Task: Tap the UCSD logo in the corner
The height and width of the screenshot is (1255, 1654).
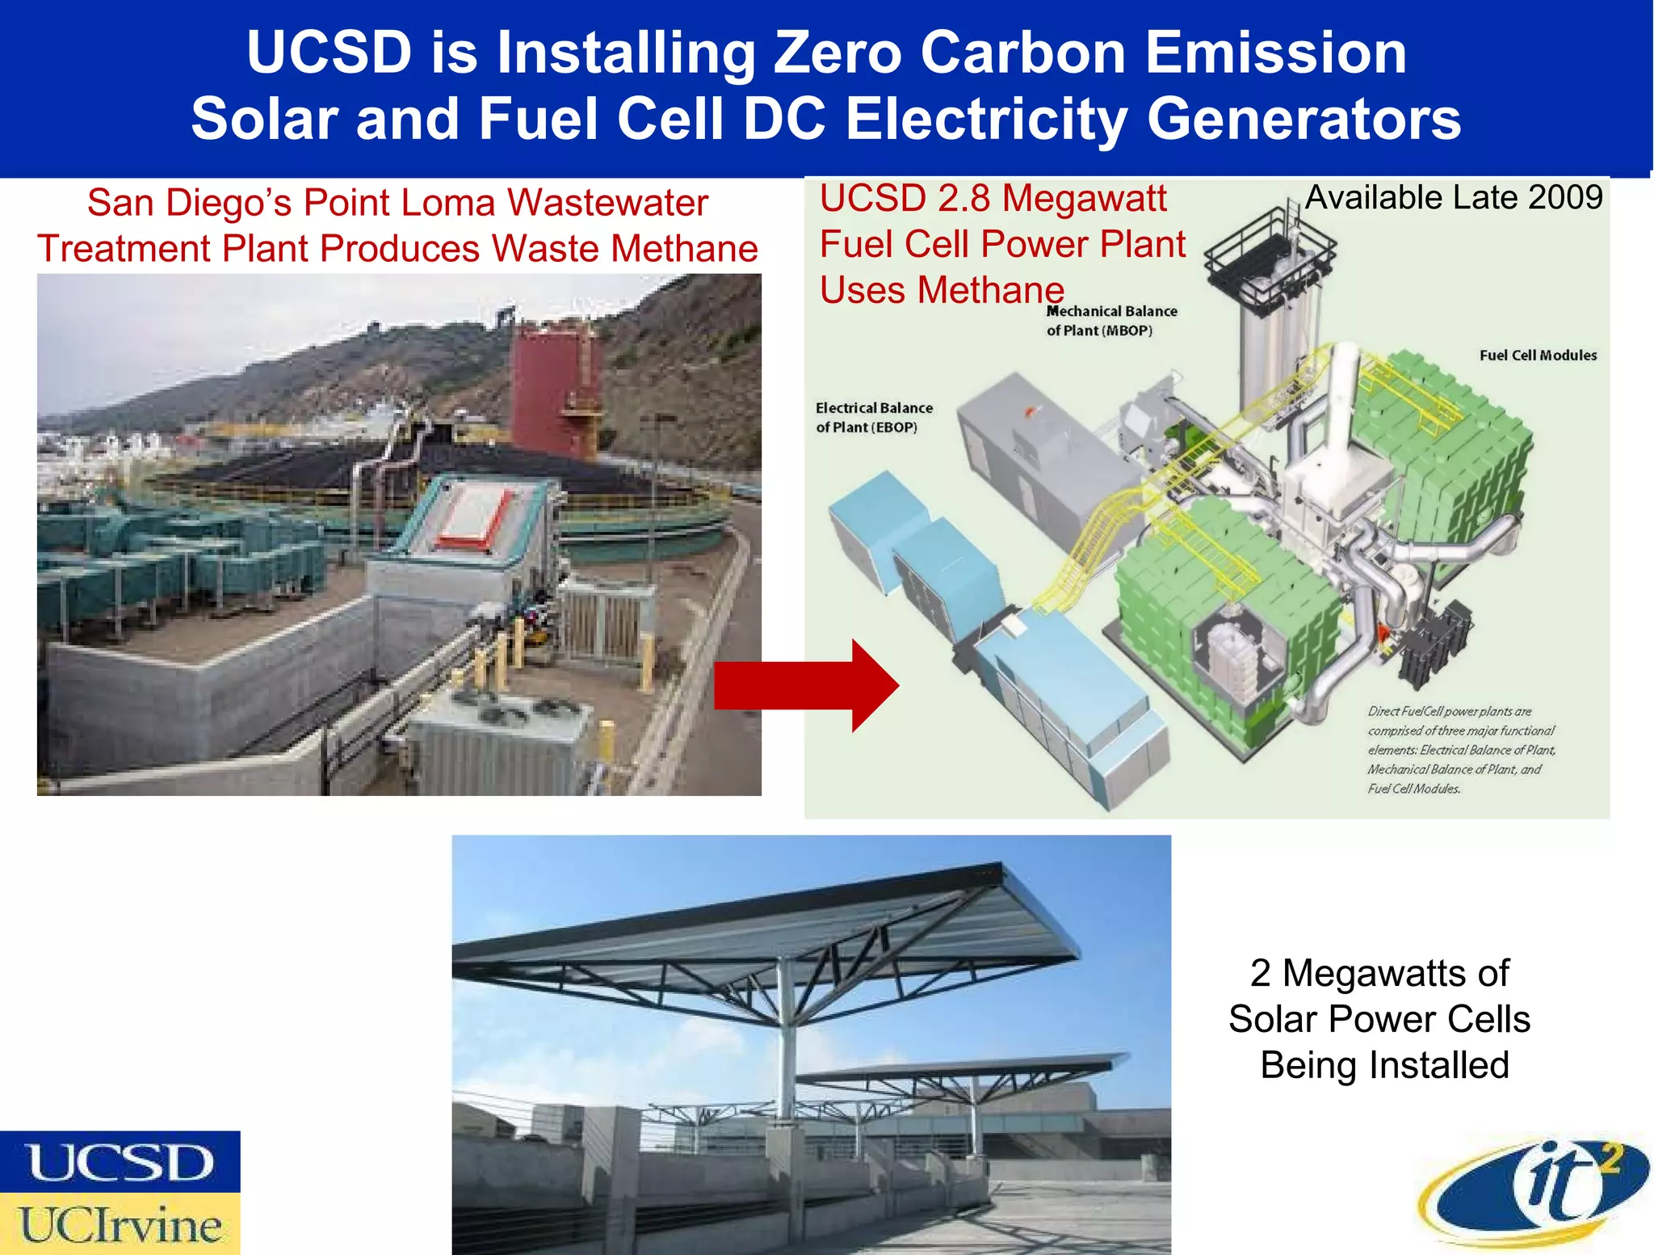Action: pyautogui.click(x=120, y=1162)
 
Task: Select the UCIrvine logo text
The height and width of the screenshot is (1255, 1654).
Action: pyautogui.click(x=120, y=1225)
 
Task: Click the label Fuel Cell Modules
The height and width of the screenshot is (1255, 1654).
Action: pyautogui.click(x=1538, y=356)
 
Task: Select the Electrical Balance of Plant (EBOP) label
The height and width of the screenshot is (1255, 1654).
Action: pyautogui.click(x=874, y=418)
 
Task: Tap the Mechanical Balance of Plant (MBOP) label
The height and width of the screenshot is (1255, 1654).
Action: pyautogui.click(x=1111, y=321)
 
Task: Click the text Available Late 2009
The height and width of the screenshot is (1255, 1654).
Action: pyautogui.click(x=1454, y=198)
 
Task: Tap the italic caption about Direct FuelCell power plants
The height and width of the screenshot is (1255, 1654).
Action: pyautogui.click(x=1460, y=750)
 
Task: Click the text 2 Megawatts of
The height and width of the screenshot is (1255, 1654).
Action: pyautogui.click(x=1379, y=973)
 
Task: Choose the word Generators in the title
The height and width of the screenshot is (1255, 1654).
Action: pyautogui.click(x=1303, y=120)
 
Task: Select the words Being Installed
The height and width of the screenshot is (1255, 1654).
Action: pyautogui.click(x=1384, y=1065)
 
